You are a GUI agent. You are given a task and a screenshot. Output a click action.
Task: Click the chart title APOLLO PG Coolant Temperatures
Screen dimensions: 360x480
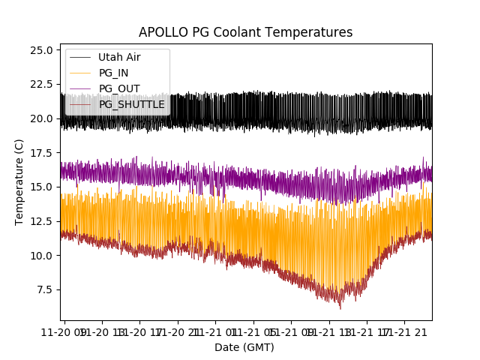click(x=245, y=32)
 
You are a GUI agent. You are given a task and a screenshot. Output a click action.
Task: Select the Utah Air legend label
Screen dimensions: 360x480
click(x=119, y=57)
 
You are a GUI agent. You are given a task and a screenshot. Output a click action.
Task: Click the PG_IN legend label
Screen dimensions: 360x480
click(x=114, y=73)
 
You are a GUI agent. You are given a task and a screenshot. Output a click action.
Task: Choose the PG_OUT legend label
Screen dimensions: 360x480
click(x=119, y=88)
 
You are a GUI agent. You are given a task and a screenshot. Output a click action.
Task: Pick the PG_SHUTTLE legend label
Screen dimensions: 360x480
click(x=131, y=104)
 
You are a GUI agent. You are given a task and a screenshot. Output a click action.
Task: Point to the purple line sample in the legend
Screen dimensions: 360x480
click(x=80, y=88)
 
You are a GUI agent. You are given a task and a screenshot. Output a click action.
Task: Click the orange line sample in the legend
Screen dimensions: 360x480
click(x=80, y=73)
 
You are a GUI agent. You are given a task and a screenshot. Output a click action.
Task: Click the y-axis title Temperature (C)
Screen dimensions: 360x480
click(x=19, y=181)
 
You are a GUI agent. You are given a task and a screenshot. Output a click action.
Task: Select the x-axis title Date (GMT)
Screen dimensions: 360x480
click(x=244, y=347)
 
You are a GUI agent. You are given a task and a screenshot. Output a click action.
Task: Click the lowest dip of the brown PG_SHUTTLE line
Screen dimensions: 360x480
click(x=340, y=308)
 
